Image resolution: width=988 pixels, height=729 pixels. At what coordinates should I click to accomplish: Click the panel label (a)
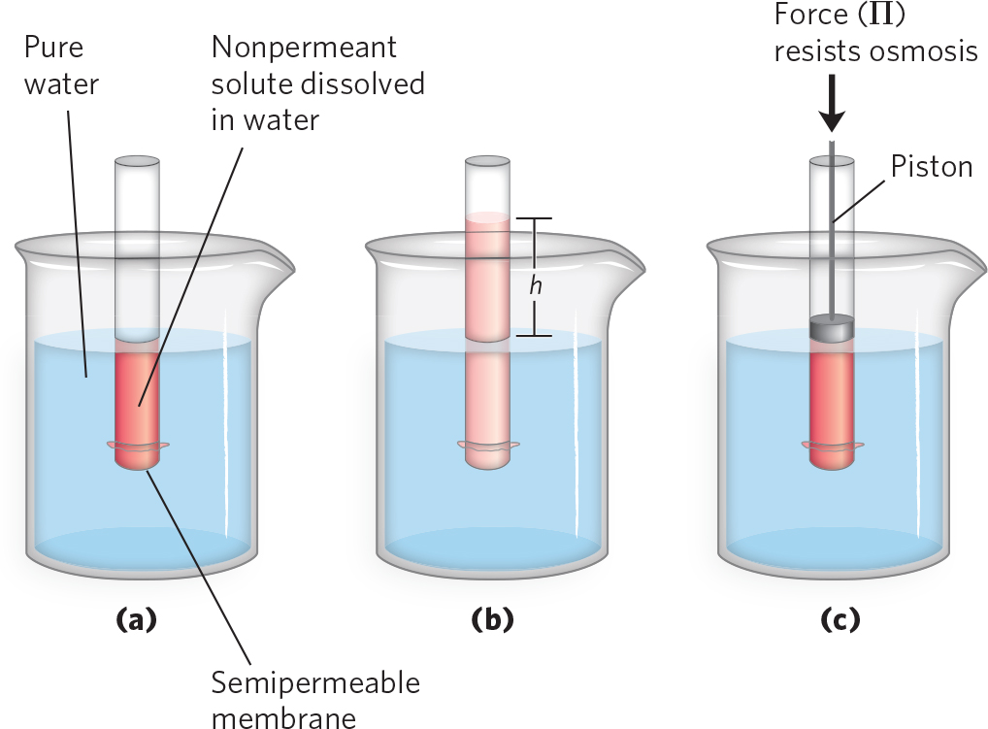pos(136,619)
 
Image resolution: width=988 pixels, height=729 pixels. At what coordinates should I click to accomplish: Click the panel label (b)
pos(491,619)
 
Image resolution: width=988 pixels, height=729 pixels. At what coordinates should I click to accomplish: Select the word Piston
pos(932,167)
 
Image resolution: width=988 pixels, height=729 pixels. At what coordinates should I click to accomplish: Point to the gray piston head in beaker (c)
pos(831,328)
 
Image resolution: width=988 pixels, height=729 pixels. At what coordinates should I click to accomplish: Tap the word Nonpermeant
pos(304,47)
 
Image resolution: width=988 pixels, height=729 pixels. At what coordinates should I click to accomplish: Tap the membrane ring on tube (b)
pos(487,447)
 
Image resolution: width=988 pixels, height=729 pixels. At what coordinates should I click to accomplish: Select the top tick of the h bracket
pos(533,218)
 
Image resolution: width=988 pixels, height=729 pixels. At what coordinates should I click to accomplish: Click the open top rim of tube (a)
pos(137,159)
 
